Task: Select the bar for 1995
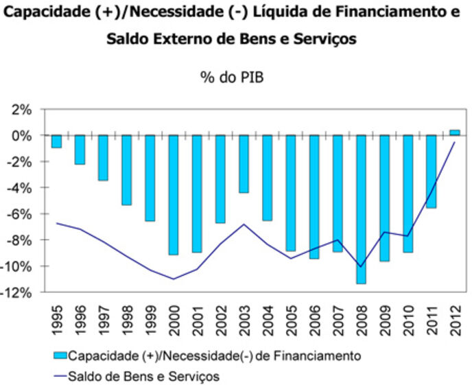[x=56, y=141]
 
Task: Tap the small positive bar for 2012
[x=455, y=132]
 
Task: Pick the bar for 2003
[x=244, y=164]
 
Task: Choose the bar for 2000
[x=174, y=195]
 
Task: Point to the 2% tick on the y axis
[x=21, y=110]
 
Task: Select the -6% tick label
[x=19, y=214]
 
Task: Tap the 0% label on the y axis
[x=21, y=136]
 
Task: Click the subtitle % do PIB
[x=232, y=78]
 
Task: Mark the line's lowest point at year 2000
[x=174, y=279]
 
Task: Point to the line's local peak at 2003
[x=244, y=224]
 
